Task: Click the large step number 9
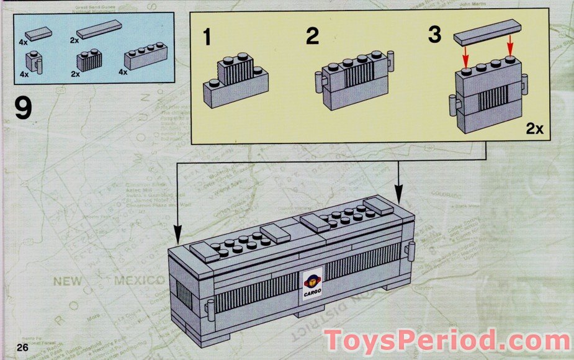pos(23,109)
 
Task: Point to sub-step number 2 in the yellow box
pos(312,37)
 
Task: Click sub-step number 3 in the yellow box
pos(434,35)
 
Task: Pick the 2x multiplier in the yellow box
pos(534,129)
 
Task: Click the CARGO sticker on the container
pos(311,287)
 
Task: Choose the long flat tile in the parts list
pos(99,29)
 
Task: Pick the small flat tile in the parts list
pos(38,32)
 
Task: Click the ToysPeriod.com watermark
pos(447,341)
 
